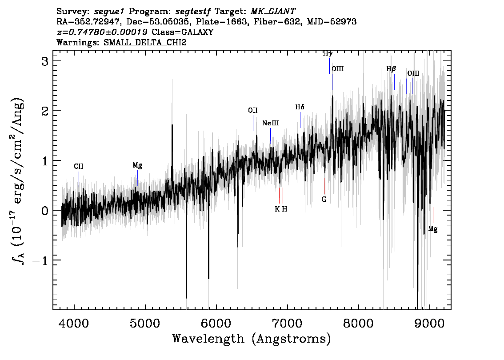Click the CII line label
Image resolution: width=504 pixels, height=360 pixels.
(78, 166)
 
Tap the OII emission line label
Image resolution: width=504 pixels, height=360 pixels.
(252, 111)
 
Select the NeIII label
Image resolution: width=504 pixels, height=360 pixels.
(271, 123)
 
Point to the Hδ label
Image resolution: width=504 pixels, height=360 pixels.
(300, 107)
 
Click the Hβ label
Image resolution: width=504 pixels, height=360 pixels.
(391, 69)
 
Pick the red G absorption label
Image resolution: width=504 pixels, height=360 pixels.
(324, 199)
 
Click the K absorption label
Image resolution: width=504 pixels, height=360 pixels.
(277, 209)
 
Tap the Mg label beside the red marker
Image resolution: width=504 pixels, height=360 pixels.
(432, 229)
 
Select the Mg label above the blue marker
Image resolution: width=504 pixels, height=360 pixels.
(137, 165)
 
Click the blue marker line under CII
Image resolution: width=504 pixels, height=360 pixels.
(79, 179)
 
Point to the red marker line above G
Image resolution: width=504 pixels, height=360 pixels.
(324, 186)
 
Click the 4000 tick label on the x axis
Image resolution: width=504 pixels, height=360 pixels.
(74, 324)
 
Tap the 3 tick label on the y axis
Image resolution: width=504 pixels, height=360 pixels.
(45, 61)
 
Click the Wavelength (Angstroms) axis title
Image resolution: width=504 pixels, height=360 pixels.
(252, 339)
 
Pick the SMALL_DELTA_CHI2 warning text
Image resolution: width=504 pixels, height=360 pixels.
(145, 42)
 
